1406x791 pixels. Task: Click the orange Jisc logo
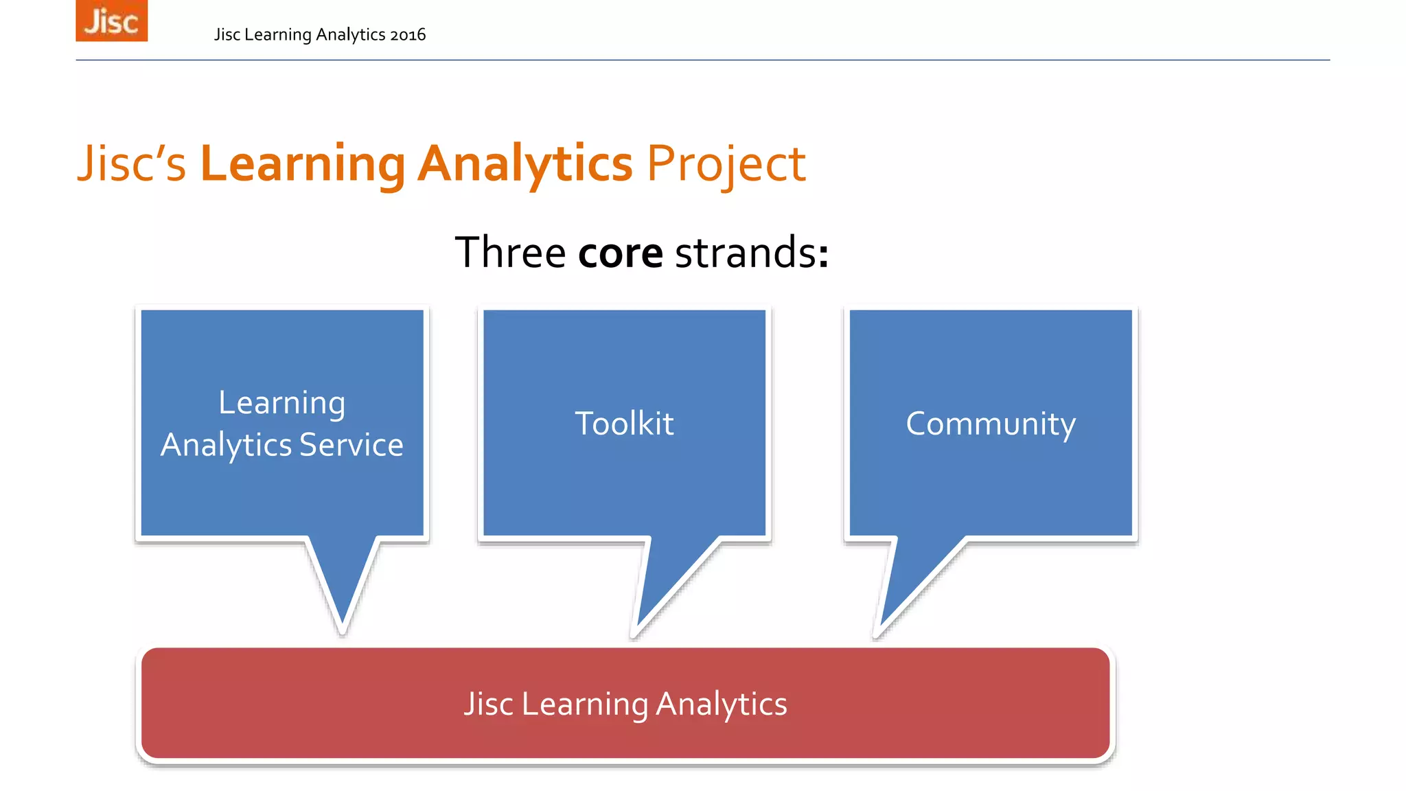pyautogui.click(x=111, y=21)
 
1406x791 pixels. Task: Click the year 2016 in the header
pyautogui.click(x=408, y=35)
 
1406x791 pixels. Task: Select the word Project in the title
pyautogui.click(x=726, y=164)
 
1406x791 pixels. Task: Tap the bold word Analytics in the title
pyautogui.click(x=525, y=164)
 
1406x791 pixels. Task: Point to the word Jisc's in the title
pyautogui.click(x=131, y=164)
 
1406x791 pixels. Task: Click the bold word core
pyautogui.click(x=620, y=253)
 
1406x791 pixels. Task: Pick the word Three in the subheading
pyautogui.click(x=510, y=253)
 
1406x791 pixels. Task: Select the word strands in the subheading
pyautogui.click(x=746, y=253)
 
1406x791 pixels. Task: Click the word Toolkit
pyautogui.click(x=624, y=424)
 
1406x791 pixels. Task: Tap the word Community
pyautogui.click(x=990, y=424)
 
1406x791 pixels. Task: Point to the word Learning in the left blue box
pyautogui.click(x=281, y=403)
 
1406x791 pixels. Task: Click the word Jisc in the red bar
pyautogui.click(x=488, y=704)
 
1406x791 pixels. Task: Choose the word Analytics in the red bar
pyautogui.click(x=721, y=704)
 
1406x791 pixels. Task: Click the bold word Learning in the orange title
pyautogui.click(x=303, y=164)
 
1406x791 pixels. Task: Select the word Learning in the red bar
pyautogui.click(x=584, y=704)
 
